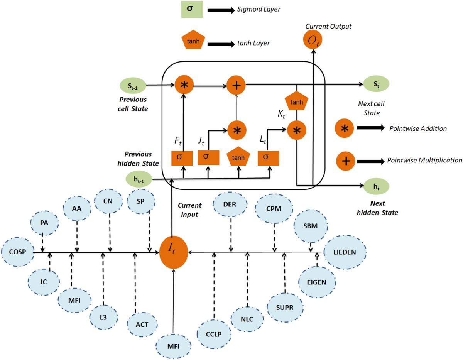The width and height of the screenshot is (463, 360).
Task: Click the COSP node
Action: (x=17, y=252)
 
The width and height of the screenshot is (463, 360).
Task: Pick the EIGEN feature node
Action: (x=317, y=282)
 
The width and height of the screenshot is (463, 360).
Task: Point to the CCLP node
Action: (x=213, y=333)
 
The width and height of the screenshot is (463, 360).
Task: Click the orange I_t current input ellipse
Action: (x=174, y=252)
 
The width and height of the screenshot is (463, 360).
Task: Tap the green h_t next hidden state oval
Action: (x=376, y=186)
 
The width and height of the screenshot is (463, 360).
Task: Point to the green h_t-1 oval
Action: (x=139, y=179)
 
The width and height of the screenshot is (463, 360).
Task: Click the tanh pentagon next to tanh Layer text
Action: (x=193, y=41)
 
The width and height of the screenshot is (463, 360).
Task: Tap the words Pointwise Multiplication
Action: (x=424, y=160)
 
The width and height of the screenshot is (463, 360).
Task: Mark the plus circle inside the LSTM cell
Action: (x=237, y=84)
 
